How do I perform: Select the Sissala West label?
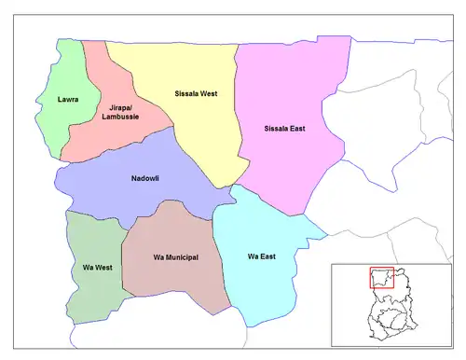tap(197, 94)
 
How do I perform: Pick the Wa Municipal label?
tap(175, 256)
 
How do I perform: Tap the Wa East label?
tap(262, 256)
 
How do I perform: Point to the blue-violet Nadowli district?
tap(112, 191)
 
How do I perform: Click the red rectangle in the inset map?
tap(382, 279)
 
